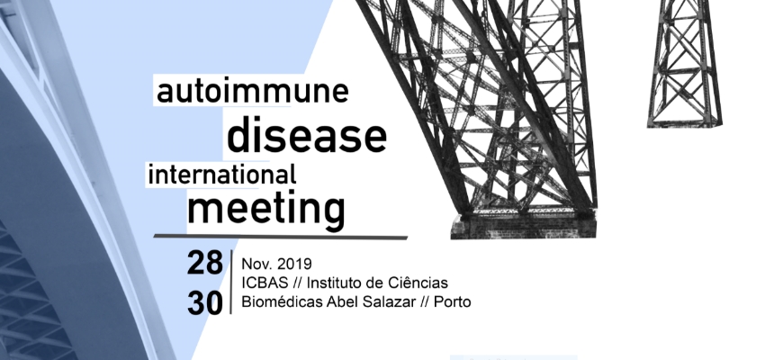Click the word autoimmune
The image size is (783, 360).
tap(252, 92)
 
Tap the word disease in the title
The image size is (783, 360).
tap(307, 135)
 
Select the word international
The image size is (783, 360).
tap(221, 175)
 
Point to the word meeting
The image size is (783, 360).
tap(265, 211)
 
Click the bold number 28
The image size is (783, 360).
tap(204, 263)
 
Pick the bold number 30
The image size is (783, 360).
tap(204, 303)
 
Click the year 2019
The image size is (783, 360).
tap(294, 264)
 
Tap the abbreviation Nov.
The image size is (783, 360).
tap(256, 264)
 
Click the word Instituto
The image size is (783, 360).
tap(334, 283)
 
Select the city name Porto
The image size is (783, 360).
tap(453, 301)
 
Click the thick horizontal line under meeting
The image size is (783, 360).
tap(280, 236)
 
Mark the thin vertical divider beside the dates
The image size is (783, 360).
tap(230, 282)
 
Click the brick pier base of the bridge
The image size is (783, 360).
tap(523, 226)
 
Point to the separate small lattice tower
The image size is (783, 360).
tap(685, 63)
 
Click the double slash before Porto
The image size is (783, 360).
tap(424, 301)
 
